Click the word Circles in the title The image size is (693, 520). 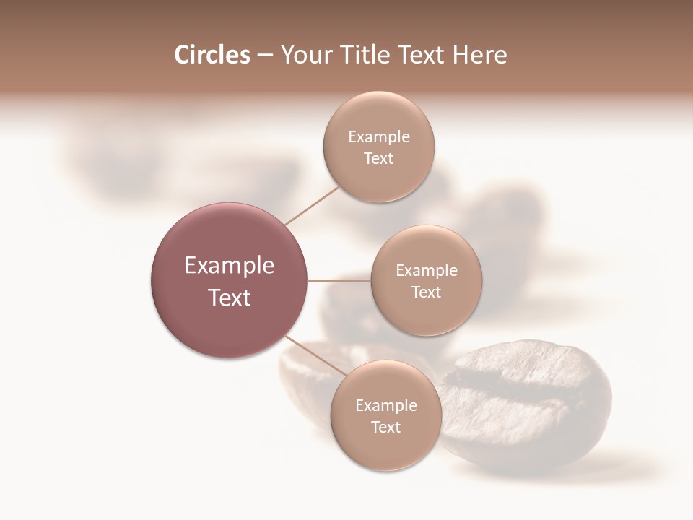point(212,55)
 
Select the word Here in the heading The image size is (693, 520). point(480,55)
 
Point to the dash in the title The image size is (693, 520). point(265,56)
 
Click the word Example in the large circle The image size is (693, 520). point(230,266)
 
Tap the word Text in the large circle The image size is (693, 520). point(230,298)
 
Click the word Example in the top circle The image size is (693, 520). point(379,137)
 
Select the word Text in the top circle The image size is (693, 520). point(379,159)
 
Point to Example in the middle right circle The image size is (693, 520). point(427,271)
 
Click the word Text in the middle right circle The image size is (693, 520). point(427,292)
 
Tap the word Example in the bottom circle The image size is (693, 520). point(386,406)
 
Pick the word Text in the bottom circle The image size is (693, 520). point(386,428)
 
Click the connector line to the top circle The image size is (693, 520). point(312,205)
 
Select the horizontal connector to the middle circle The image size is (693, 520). point(339,280)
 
